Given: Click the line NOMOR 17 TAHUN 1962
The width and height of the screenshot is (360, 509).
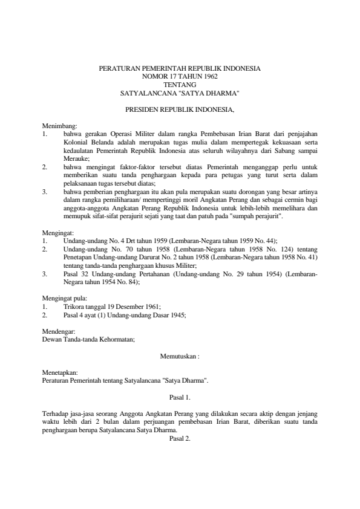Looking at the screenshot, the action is (180, 77).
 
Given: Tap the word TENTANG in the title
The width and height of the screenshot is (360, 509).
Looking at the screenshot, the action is (180, 85).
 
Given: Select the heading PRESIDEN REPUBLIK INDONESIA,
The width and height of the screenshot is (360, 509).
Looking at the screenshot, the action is (180, 111).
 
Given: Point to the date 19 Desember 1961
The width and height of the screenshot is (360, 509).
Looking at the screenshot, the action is (134, 306).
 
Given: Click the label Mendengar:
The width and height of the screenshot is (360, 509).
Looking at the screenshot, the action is (58, 331).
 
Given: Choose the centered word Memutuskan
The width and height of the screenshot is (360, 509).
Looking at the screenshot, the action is (177, 357).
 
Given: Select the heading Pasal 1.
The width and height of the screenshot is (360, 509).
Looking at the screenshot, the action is (180, 398).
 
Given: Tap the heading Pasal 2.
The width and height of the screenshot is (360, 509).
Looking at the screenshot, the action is (180, 439).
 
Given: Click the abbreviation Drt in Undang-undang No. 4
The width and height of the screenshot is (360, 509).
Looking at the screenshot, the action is (128, 241).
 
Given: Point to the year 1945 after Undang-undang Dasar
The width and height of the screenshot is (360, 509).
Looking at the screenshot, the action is (175, 315).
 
